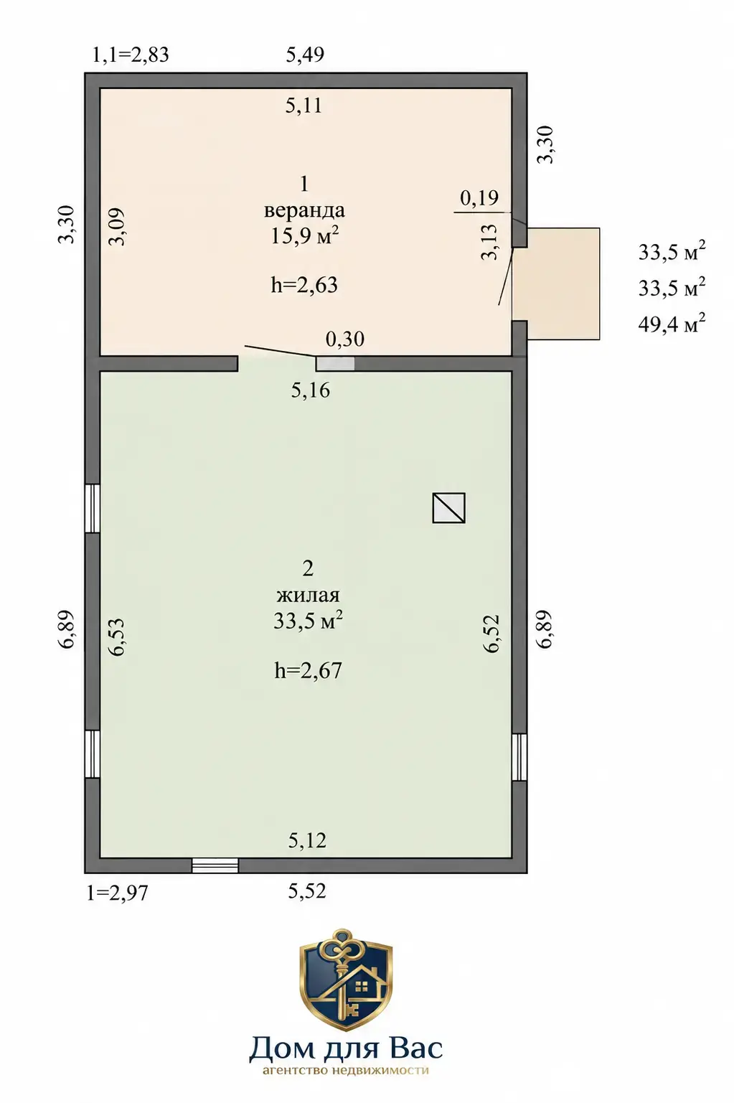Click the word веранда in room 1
tap(304, 210)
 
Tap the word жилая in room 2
tap(308, 595)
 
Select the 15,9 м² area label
tap(304, 235)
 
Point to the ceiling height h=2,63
tap(304, 285)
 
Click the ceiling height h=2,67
tap(308, 670)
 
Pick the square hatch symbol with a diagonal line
tap(448, 507)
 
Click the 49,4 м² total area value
tap(672, 324)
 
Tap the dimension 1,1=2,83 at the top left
tap(131, 54)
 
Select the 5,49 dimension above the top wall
tap(305, 54)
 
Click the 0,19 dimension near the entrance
tap(479, 197)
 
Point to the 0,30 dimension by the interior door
tap(344, 339)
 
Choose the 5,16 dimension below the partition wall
tap(310, 390)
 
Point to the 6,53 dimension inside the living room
tap(118, 637)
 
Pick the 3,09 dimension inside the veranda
tap(118, 227)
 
